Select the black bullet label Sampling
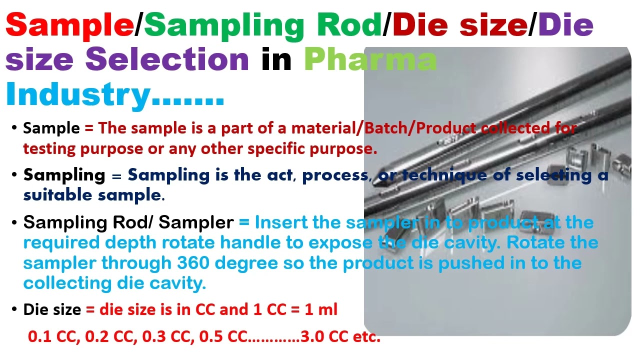coord(64,175)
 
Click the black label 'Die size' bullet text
coord(52,309)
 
